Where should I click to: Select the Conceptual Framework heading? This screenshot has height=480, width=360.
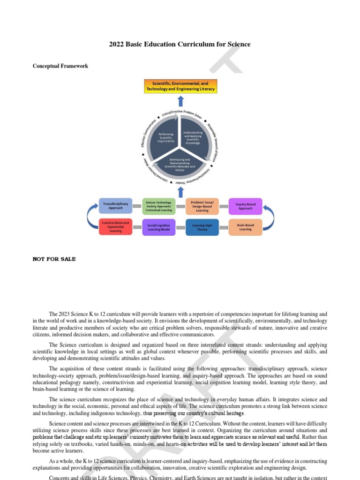(60, 66)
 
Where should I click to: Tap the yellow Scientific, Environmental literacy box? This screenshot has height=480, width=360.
(180, 86)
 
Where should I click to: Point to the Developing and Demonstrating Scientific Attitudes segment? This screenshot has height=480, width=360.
(180, 165)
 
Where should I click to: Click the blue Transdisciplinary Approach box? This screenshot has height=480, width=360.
(115, 206)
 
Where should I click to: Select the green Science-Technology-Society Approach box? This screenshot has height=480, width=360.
(158, 206)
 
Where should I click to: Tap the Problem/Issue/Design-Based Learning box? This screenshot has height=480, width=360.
(202, 206)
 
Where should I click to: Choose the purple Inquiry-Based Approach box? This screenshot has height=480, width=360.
(245, 206)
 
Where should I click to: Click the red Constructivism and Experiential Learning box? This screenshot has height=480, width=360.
(115, 227)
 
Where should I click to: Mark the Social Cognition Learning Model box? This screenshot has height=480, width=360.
(158, 227)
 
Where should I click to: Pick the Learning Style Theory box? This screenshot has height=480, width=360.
(202, 227)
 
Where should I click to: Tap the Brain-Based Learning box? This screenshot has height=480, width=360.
(245, 227)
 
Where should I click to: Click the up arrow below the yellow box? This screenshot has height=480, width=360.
(181, 101)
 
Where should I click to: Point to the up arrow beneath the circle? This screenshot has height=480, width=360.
(181, 191)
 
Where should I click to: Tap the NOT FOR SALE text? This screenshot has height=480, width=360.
(54, 259)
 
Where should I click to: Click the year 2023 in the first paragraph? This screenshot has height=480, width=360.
(66, 314)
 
